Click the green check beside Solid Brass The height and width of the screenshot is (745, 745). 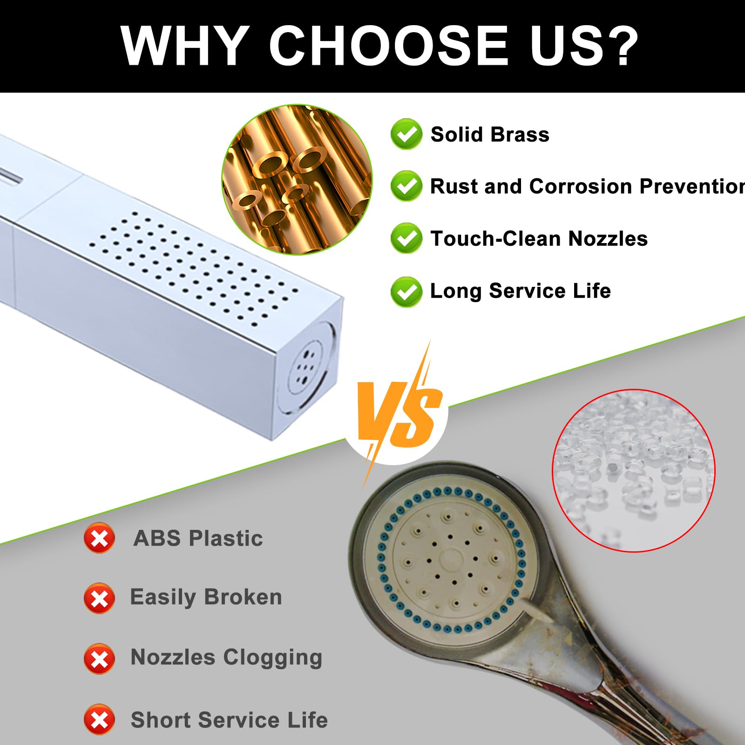tap(406, 134)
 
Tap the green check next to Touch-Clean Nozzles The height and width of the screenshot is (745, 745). tap(406, 238)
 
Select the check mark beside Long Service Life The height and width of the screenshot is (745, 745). tap(406, 291)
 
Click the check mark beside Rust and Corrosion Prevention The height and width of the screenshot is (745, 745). tap(406, 186)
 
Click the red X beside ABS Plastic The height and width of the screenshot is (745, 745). tap(99, 538)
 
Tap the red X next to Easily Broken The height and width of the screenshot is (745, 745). tap(99, 598)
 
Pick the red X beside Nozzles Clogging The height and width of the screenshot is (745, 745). tap(99, 659)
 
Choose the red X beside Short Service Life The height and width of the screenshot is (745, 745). tap(99, 720)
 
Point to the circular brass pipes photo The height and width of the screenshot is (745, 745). tap(297, 180)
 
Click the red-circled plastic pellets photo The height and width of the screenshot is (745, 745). tap(634, 470)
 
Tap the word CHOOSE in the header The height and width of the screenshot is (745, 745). tap(388, 46)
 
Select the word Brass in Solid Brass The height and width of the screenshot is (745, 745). tap(520, 135)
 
